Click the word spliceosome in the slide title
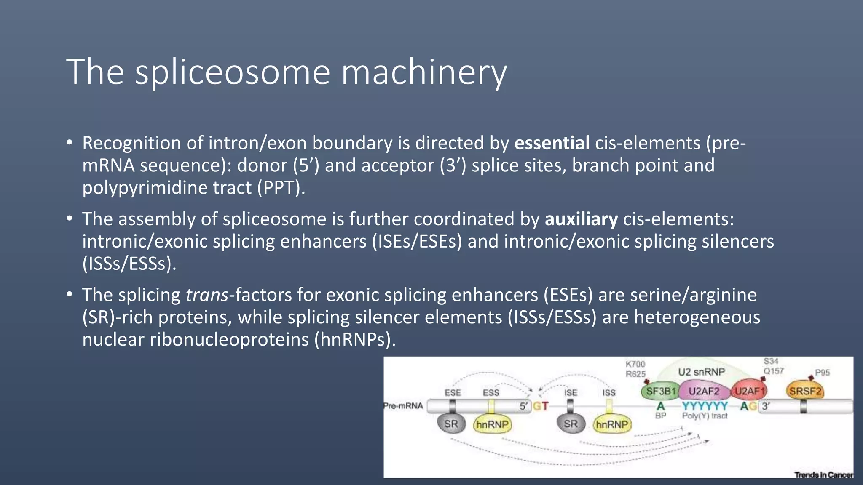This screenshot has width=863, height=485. coord(232,72)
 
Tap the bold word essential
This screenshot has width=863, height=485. coord(552,143)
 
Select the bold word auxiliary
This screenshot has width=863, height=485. coord(581,219)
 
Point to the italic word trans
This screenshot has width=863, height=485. coord(207,295)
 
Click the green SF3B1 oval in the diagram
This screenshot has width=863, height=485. coord(660,392)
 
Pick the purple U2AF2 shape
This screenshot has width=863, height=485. coord(704,392)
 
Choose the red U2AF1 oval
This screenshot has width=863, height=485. coord(749,392)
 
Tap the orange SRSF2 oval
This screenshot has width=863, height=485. coord(805,392)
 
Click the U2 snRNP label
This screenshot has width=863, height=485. coord(702,372)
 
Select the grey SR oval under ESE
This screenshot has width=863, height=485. coord(451,424)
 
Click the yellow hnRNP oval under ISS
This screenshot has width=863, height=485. coord(612,424)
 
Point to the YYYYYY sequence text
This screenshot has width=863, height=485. coord(705,406)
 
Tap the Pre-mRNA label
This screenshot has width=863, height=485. coord(403,406)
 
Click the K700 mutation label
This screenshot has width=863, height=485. coord(635,364)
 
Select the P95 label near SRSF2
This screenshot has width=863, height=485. coord(822,373)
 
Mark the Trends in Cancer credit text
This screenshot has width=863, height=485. coord(823,475)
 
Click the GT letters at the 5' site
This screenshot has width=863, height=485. coord(541,406)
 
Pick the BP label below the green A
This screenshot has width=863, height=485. coord(660,416)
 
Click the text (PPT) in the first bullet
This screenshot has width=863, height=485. coord(281,188)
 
